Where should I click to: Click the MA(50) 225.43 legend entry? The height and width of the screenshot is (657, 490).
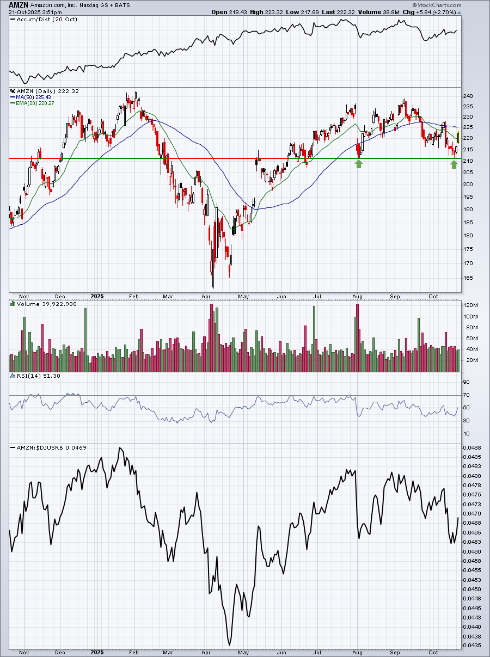(x=30, y=97)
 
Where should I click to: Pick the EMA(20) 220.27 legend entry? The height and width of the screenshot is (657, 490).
(x=32, y=103)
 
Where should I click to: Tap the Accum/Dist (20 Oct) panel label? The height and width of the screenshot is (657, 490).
(x=44, y=20)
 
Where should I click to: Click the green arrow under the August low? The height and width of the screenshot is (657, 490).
(x=359, y=164)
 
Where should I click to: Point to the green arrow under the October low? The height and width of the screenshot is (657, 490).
(x=454, y=164)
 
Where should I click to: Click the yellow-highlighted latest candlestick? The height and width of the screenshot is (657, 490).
(x=458, y=137)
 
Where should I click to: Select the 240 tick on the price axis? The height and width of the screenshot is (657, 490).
(x=468, y=96)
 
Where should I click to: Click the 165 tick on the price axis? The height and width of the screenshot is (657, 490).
(x=468, y=278)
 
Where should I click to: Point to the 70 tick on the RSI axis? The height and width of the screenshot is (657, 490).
(x=467, y=395)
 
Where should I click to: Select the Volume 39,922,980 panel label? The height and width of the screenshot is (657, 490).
(x=44, y=304)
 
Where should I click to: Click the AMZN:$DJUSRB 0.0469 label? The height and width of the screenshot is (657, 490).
(x=48, y=448)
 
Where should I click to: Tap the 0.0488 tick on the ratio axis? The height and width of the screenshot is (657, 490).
(x=472, y=448)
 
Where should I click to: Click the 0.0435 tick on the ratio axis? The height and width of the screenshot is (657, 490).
(x=472, y=646)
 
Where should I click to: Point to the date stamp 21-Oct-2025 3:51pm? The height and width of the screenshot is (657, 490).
(x=35, y=13)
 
